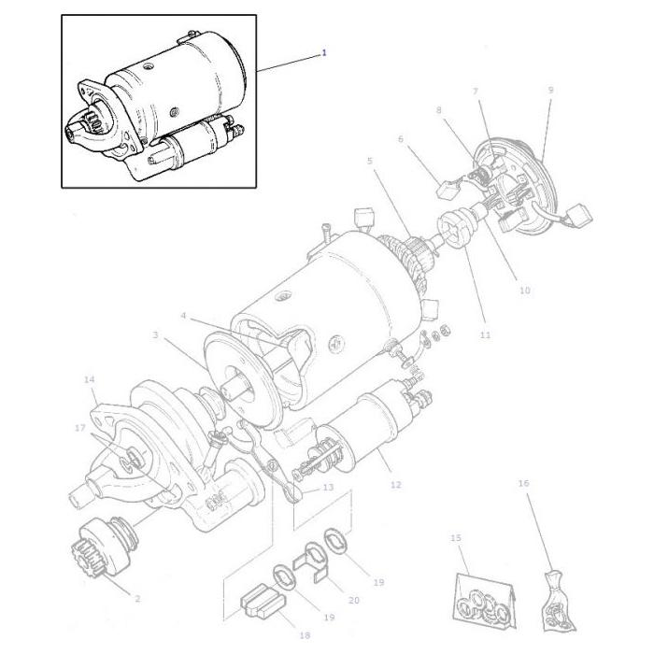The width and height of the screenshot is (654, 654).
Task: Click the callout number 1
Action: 324,53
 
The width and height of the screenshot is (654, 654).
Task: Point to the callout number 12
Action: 396,485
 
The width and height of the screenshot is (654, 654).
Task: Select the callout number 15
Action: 456,538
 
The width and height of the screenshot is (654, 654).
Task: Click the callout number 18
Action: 304,635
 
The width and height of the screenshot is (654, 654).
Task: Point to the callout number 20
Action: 353,600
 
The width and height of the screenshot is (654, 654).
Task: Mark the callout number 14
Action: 90,379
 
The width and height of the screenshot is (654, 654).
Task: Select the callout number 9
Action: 550,90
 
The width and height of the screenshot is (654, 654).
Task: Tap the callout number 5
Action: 370,161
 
